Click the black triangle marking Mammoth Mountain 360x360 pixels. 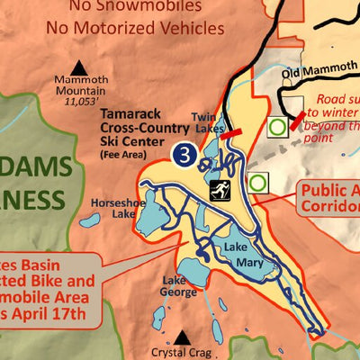click(x=79, y=67)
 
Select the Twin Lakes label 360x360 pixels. click(x=207, y=122)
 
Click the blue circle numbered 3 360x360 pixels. click(x=184, y=154)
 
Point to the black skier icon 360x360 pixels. click(x=218, y=190)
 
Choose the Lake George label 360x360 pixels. click(x=178, y=285)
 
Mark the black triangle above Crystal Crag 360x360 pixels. click(x=183, y=337)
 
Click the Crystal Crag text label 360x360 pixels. click(x=183, y=354)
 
